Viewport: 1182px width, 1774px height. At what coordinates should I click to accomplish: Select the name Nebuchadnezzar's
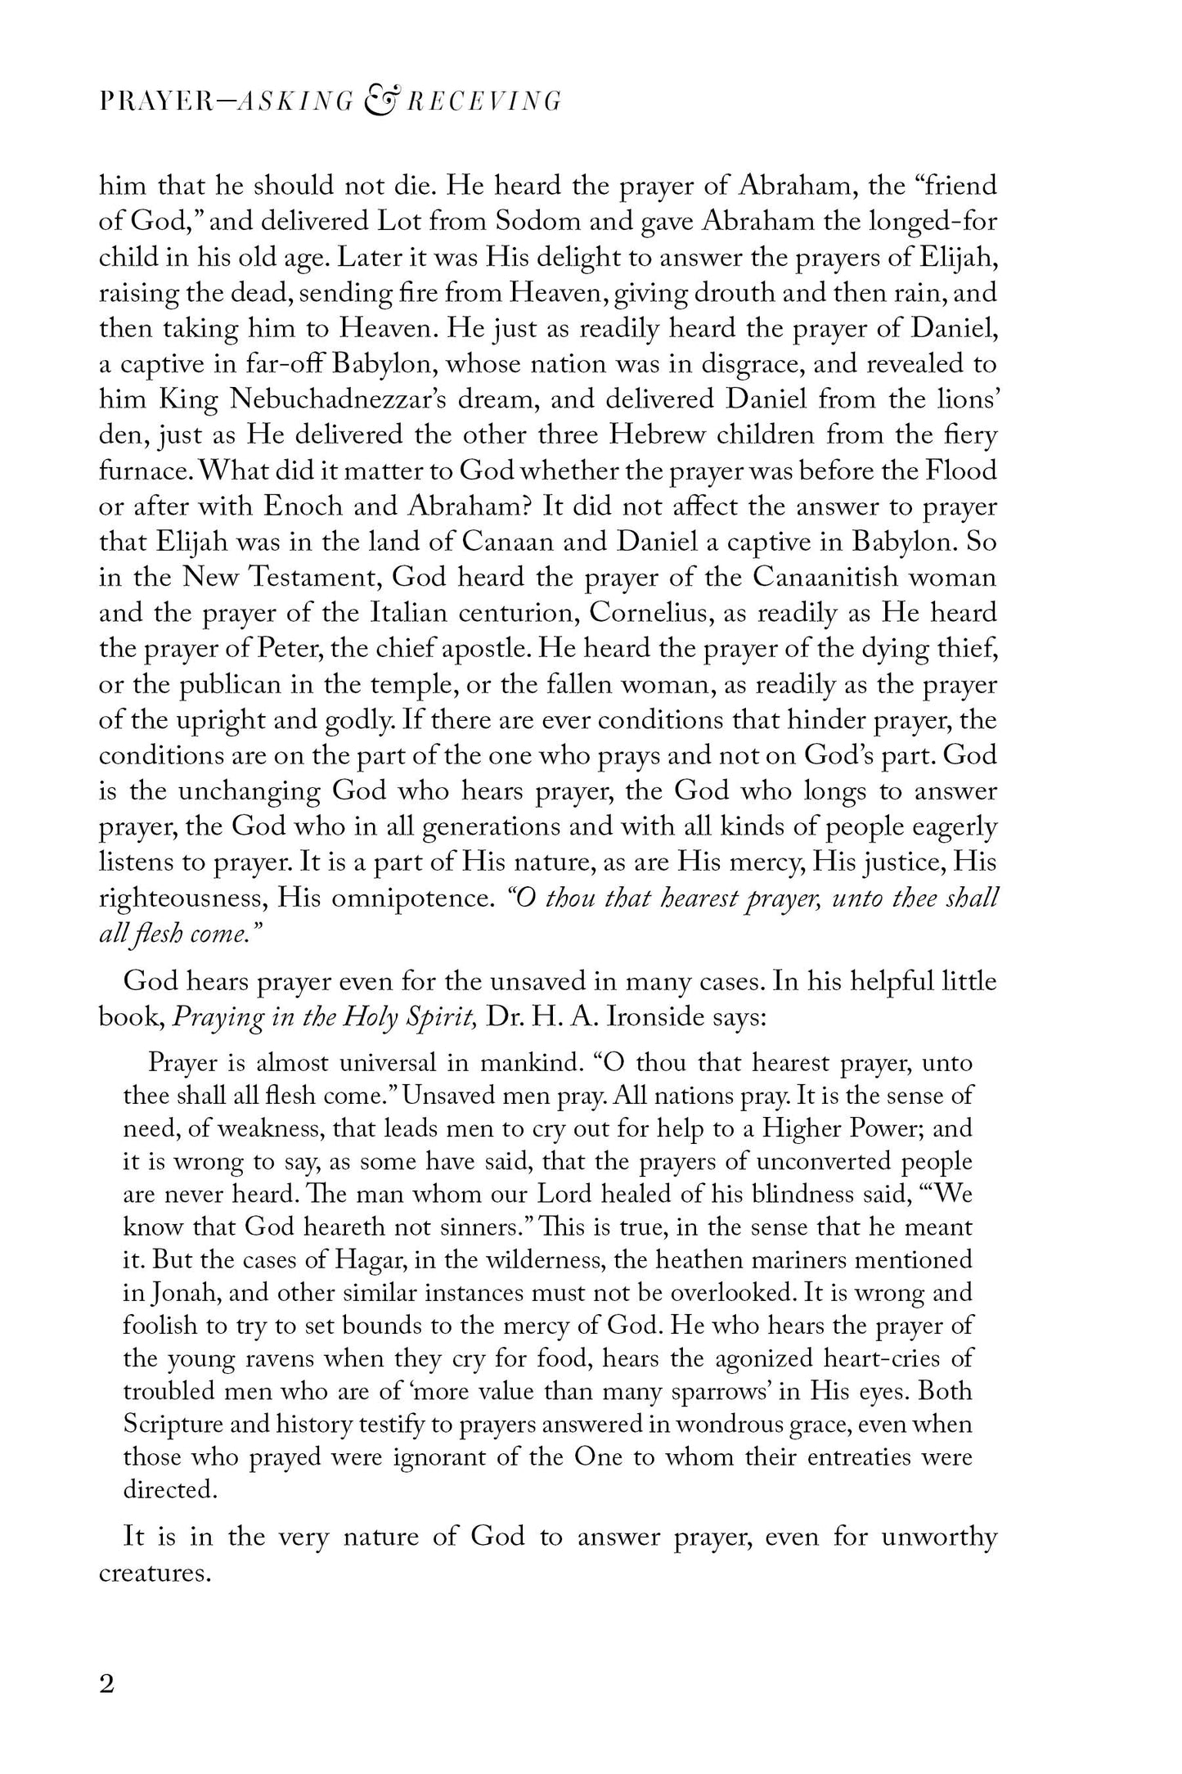[x=387, y=399]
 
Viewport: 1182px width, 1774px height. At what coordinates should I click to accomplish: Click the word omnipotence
[x=409, y=898]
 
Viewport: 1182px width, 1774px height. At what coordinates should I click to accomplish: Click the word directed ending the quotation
[x=169, y=1490]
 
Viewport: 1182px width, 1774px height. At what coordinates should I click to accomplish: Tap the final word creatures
[x=155, y=1574]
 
